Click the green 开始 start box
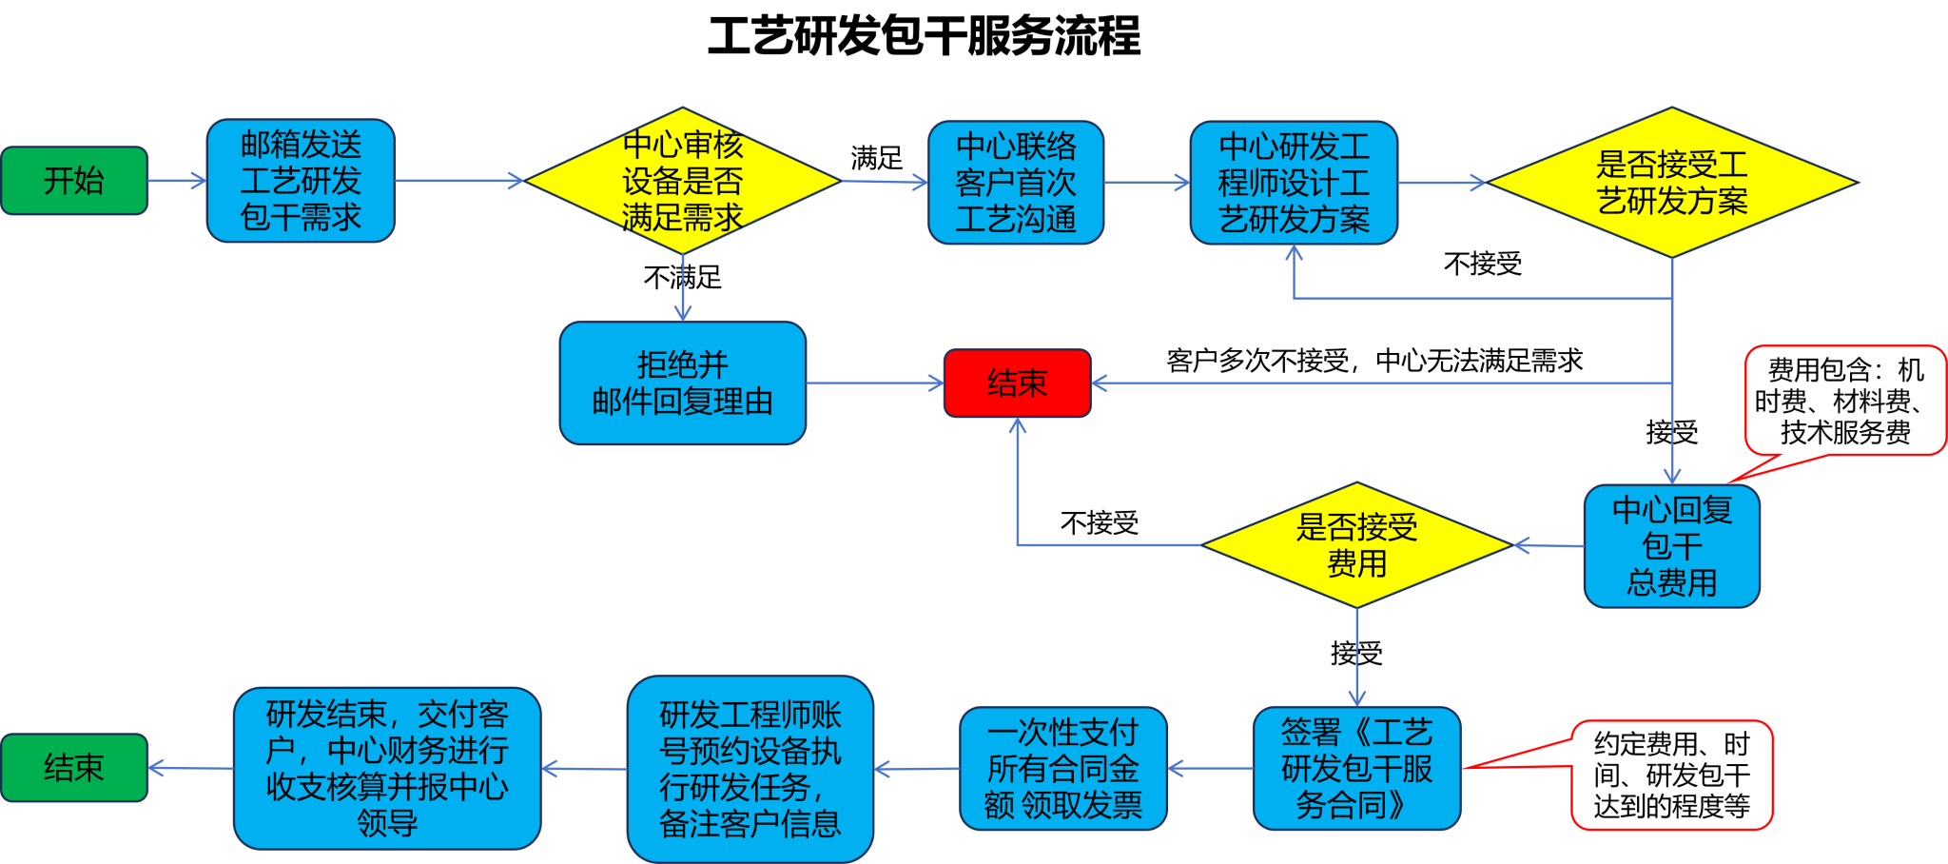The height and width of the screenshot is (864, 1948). (x=74, y=181)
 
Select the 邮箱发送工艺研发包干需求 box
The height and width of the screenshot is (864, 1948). (x=301, y=181)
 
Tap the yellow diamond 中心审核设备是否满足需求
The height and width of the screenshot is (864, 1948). (x=682, y=181)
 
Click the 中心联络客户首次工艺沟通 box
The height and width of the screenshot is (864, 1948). (x=1016, y=183)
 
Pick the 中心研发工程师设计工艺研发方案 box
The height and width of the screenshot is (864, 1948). (x=1294, y=183)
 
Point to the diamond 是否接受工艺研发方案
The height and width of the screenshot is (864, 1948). (x=1671, y=183)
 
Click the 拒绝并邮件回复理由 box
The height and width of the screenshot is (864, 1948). (x=682, y=383)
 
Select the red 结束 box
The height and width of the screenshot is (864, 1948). (x=1017, y=383)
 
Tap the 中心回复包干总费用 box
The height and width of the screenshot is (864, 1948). (x=1671, y=546)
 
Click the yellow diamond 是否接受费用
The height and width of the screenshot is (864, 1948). (x=1356, y=545)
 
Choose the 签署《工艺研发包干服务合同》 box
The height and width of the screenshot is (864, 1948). (x=1356, y=769)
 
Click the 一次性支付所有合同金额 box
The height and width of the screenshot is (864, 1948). (x=1062, y=769)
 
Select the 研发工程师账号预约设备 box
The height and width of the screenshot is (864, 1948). (x=750, y=769)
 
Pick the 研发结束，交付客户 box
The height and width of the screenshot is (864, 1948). (x=387, y=769)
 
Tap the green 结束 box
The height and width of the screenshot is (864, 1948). (x=74, y=768)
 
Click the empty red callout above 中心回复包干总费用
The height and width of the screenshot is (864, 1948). (x=1845, y=400)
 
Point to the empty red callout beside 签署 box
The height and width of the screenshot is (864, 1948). (x=1671, y=775)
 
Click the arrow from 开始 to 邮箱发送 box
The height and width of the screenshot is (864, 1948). (x=177, y=181)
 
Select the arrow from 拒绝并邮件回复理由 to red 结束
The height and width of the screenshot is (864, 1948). (x=874, y=383)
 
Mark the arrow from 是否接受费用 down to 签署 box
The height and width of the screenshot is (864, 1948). (x=1357, y=657)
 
